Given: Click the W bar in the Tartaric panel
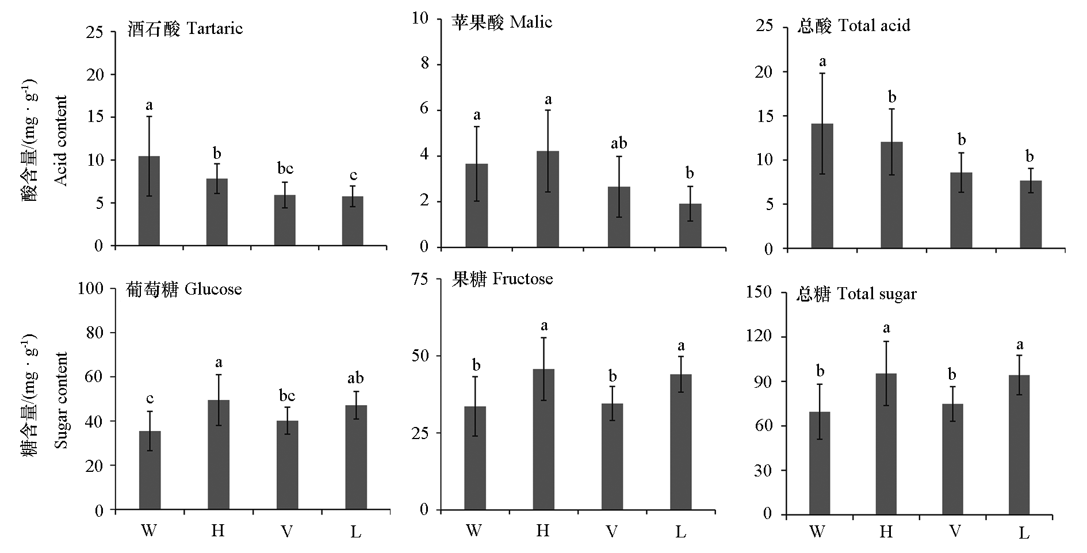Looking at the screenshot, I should pos(149,201).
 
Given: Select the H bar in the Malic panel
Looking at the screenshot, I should pos(548,199).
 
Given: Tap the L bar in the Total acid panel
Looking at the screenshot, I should pos(1030,214).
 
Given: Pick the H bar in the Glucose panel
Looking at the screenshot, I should pos(219,455).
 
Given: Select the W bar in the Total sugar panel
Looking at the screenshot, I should pos(820,463).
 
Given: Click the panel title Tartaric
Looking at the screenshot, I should pos(185,29).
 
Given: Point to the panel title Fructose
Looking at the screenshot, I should pos(502,279).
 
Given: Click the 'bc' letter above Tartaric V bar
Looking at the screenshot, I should pos(285,168).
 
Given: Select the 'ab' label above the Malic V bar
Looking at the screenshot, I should pos(619,143).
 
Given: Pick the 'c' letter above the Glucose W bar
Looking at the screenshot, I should pos(150,398).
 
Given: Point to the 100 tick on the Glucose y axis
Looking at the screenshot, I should pos(90,288).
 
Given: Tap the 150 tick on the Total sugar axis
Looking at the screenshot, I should pos(759,292).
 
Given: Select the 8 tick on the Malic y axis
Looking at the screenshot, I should pos(425,63).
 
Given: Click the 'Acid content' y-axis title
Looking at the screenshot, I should pos(61,140).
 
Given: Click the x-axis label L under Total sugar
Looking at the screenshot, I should pos(1024,532).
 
